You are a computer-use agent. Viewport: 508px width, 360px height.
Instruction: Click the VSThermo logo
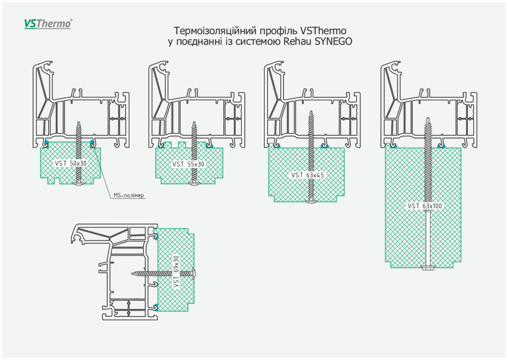48,23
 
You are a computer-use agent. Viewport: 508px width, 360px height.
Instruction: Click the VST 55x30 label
189,164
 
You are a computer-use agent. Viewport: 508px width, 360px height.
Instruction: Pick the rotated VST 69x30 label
177,272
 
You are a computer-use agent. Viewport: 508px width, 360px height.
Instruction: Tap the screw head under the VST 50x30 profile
78,184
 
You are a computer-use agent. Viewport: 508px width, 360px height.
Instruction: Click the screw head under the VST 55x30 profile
194,184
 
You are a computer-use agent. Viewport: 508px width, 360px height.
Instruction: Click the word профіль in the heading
279,30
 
